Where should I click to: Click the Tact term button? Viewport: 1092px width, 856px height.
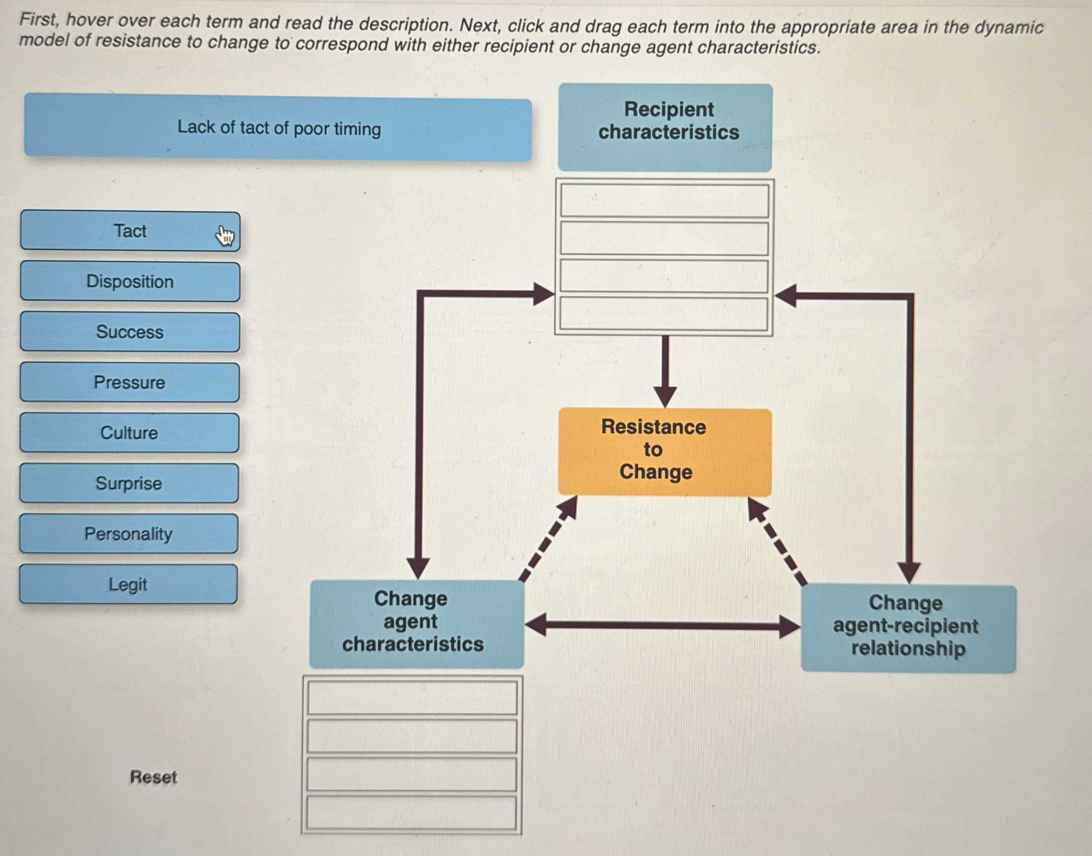point(130,231)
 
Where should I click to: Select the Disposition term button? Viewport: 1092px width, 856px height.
point(130,282)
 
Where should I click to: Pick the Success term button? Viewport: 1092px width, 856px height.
point(130,332)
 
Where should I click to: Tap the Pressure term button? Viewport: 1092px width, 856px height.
point(130,382)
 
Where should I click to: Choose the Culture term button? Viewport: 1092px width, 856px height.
point(129,433)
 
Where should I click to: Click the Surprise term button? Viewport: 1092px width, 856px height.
point(129,483)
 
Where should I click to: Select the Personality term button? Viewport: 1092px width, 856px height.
point(129,534)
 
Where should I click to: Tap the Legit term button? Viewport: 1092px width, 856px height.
point(128,584)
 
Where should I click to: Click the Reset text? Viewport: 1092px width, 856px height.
point(153,777)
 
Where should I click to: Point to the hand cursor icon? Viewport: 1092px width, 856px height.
point(225,236)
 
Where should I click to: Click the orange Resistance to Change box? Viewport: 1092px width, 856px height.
point(664,451)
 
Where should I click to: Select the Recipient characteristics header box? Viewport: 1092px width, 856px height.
point(665,128)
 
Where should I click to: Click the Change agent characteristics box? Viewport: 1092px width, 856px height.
point(417,624)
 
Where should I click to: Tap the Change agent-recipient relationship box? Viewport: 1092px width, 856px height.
point(908,629)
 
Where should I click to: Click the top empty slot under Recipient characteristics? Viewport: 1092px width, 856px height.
point(664,201)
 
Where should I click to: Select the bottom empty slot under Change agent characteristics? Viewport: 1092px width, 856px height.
point(411,812)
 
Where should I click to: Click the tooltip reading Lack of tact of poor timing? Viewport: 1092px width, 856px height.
point(278,129)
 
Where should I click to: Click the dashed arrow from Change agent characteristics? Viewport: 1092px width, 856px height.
point(548,539)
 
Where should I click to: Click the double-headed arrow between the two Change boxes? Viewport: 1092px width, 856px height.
point(662,626)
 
